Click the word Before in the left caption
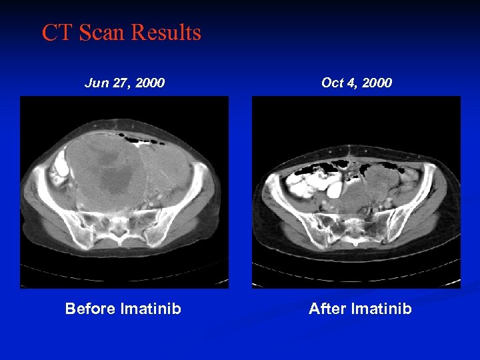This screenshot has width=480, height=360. (x=90, y=309)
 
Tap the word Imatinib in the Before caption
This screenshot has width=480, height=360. (x=151, y=309)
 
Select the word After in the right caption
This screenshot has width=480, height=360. (x=326, y=309)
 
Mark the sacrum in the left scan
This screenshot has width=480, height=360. (x=120, y=227)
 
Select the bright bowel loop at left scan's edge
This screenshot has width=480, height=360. (x=59, y=163)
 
